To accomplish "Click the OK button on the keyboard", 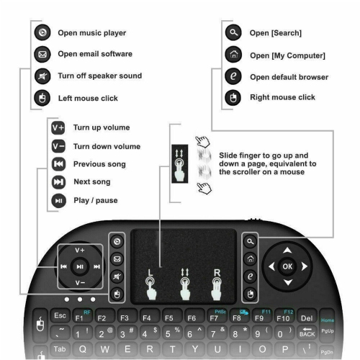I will (287, 266).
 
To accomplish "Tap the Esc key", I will (60, 315).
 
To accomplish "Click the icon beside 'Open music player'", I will (42, 32).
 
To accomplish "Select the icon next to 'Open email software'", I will (42, 54).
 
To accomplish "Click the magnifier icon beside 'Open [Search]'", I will (232, 32).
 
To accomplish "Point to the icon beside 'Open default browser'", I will (232, 76).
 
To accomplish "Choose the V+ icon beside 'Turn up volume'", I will (58, 127).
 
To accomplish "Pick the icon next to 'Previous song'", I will (58, 164).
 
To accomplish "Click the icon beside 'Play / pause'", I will (58, 200).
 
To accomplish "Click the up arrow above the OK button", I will (287, 251).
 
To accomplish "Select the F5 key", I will (170, 316).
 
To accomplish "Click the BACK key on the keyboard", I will (307, 333).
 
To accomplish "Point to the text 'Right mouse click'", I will (282, 97).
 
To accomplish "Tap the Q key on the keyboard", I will (83, 350).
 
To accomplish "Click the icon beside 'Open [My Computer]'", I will (232, 55).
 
